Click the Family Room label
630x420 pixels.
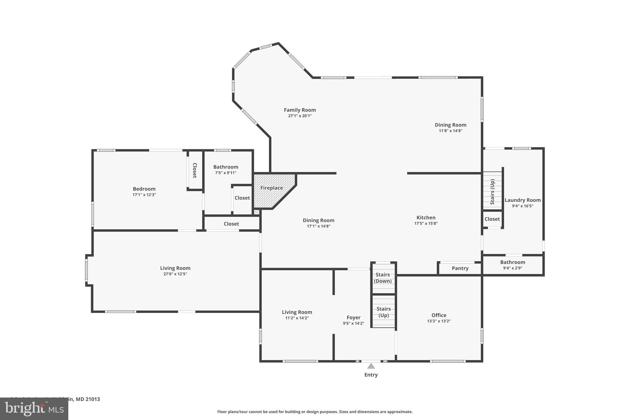300,110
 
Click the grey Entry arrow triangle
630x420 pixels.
371,366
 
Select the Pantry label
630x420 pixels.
460,268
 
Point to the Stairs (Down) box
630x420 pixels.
383,278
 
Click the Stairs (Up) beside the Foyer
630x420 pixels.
383,312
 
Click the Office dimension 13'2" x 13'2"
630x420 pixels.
439,321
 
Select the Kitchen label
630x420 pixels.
426,218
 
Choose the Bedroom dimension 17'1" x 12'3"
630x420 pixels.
144,195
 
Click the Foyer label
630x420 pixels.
353,318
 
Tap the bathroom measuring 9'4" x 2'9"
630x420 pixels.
512,265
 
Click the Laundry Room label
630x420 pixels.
522,200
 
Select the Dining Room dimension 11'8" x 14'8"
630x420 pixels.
450,130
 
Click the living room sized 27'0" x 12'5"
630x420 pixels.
175,271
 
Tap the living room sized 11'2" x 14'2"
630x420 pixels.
297,315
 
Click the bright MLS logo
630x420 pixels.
34,409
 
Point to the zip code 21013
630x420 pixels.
93,399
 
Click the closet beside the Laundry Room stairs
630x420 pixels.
492,219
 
